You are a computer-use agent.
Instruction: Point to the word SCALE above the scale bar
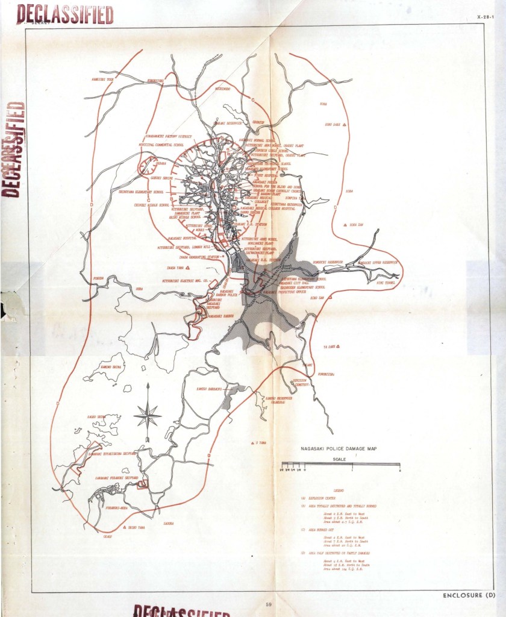tap(340, 459)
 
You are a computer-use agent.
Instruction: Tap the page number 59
tap(269, 603)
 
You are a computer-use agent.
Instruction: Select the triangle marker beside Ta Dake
tap(337, 346)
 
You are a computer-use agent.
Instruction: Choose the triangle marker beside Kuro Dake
tap(345, 125)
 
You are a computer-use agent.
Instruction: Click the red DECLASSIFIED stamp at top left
tap(66, 14)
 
